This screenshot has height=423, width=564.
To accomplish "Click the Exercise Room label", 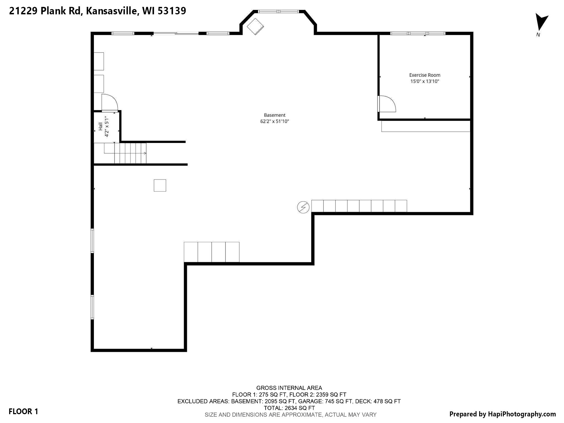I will (425, 75).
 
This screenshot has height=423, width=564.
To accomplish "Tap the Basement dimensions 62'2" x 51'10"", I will (275, 121).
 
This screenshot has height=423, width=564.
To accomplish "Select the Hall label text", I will (101, 126).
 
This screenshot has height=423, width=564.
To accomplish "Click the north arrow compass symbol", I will (541, 23).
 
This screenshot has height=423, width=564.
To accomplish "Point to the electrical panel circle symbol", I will (303, 207).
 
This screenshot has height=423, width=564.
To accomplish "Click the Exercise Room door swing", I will (387, 104).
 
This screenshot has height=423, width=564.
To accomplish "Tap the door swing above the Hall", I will (109, 102).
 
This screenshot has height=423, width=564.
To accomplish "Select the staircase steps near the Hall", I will (130, 153).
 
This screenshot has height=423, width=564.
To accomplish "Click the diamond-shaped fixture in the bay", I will (255, 26).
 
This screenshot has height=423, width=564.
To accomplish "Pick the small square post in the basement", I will (160, 185).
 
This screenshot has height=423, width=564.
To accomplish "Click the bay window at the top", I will (278, 12).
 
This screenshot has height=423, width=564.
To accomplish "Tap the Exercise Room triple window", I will (417, 33).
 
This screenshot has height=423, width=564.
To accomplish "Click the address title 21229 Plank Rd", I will (97, 11).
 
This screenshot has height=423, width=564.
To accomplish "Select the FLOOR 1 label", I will (23, 411).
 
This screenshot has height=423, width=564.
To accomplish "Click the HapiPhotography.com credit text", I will (502, 414).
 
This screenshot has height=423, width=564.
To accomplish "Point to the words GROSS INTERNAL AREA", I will (289, 388).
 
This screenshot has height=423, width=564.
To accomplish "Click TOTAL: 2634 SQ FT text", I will (289, 408).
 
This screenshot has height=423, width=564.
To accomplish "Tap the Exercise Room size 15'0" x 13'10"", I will (425, 81).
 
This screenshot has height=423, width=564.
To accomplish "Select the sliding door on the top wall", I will (176, 34).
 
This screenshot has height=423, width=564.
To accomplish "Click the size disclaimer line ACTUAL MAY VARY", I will (290, 415).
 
